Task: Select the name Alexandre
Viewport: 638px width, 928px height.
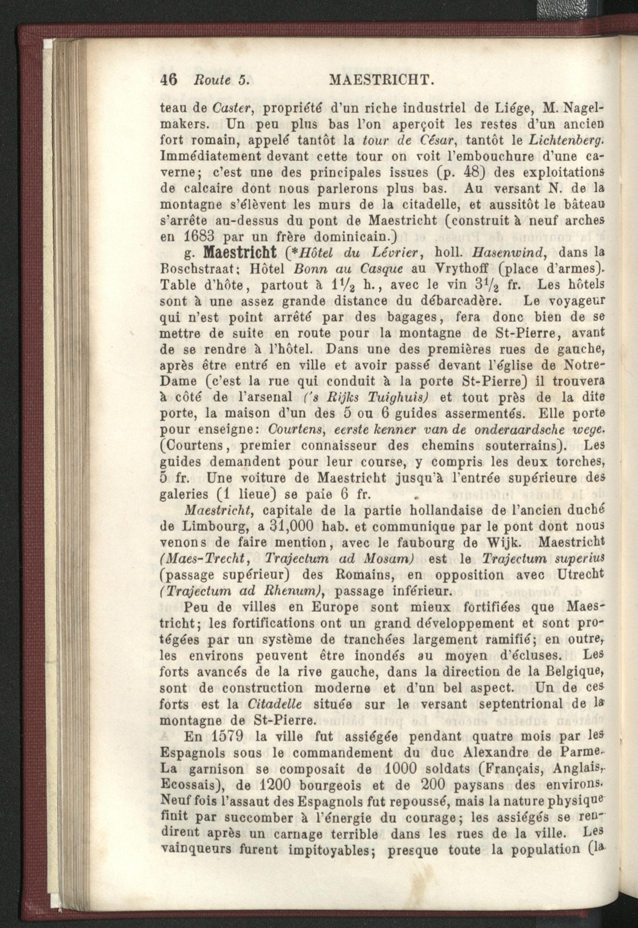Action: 493,753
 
